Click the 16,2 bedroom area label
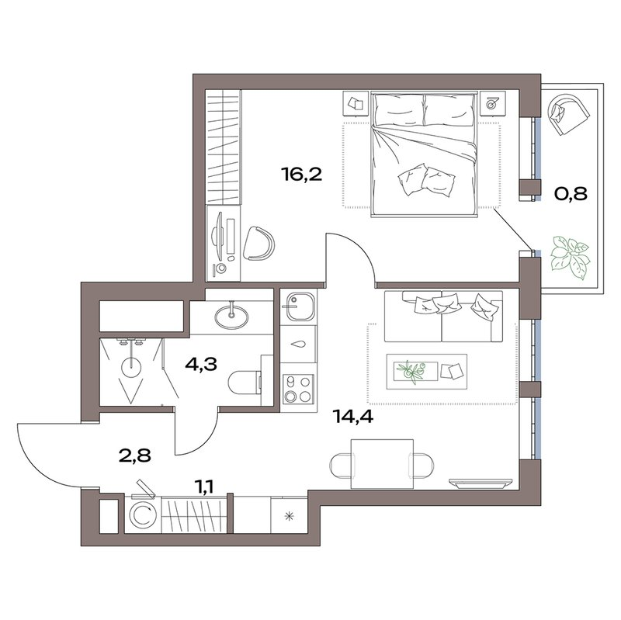click(302, 174)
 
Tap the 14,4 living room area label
click(354, 417)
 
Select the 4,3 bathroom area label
click(201, 364)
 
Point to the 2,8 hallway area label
click(135, 455)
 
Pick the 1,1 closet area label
click(206, 487)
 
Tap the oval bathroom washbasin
click(231, 316)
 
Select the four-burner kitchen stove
click(298, 389)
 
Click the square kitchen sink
click(299, 307)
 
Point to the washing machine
click(143, 514)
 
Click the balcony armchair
click(569, 113)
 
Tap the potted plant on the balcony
click(570, 257)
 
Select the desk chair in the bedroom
click(259, 243)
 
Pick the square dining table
click(383, 463)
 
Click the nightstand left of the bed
click(356, 104)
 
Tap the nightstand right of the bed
click(493, 103)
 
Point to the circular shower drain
click(131, 367)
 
